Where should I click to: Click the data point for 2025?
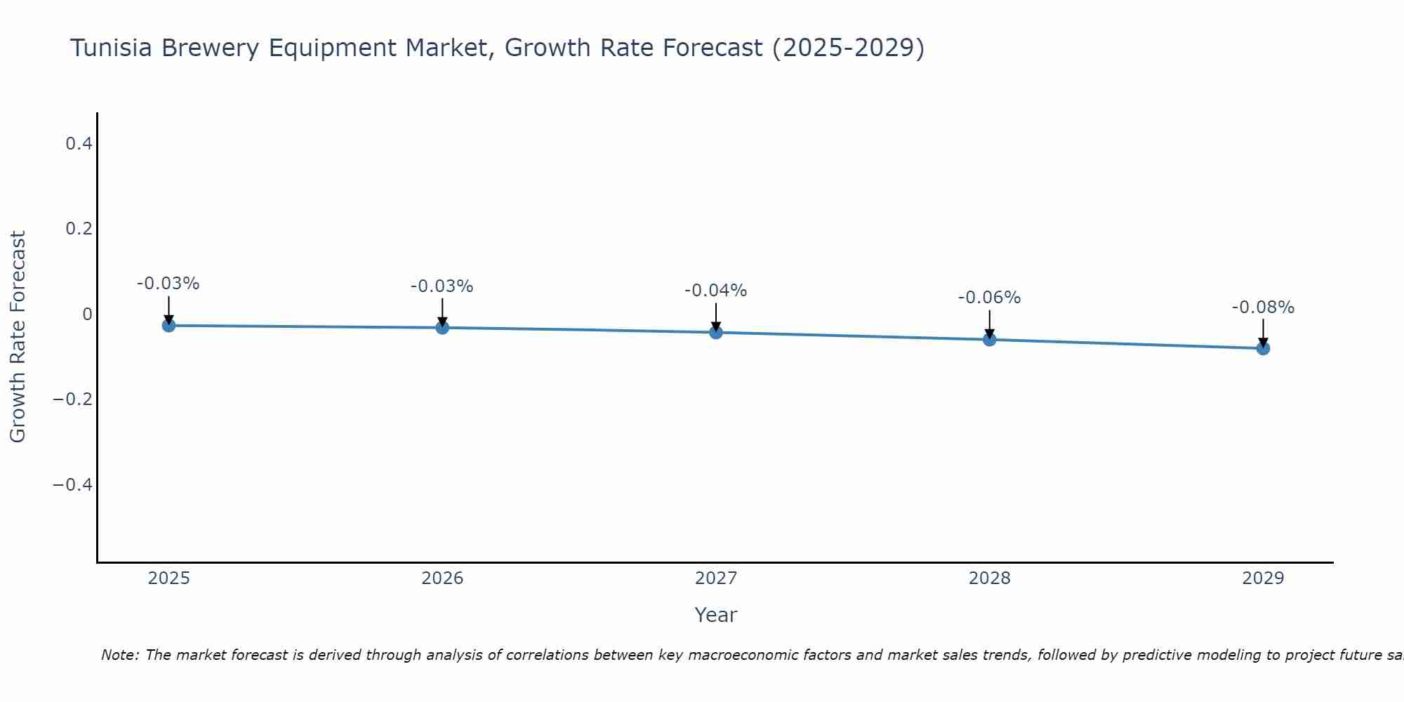pyautogui.click(x=168, y=325)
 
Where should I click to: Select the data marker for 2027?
pyautogui.click(x=716, y=332)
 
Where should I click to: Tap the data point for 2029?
pyautogui.click(x=1263, y=348)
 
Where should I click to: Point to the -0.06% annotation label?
pyautogui.click(x=989, y=298)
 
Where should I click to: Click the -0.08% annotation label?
pyautogui.click(x=1263, y=307)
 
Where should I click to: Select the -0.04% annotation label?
pyautogui.click(x=715, y=290)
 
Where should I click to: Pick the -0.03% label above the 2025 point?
pyautogui.click(x=168, y=284)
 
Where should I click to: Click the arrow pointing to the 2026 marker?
pyautogui.click(x=442, y=312)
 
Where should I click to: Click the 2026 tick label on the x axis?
pyautogui.click(x=442, y=578)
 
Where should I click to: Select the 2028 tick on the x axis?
pyautogui.click(x=989, y=578)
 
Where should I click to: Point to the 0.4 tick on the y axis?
pyautogui.click(x=79, y=144)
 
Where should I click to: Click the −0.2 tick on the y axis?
pyautogui.click(x=72, y=399)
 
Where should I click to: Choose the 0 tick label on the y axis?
pyautogui.click(x=87, y=314)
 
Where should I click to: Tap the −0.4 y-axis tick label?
pyautogui.click(x=72, y=485)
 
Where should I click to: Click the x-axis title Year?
pyautogui.click(x=715, y=615)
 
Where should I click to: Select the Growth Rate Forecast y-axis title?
pyautogui.click(x=18, y=337)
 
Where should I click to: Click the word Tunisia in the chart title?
pyautogui.click(x=112, y=48)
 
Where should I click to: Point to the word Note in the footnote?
pyautogui.click(x=120, y=655)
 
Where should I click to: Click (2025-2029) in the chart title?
pyautogui.click(x=848, y=48)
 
